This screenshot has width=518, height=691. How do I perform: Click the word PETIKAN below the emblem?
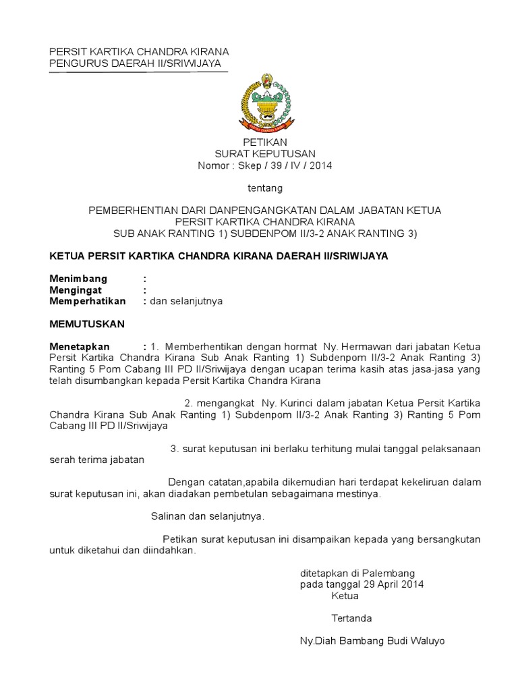pos(265,142)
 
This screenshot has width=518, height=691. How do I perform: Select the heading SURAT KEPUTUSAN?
pos(265,154)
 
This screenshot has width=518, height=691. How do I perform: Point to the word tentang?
pos(265,188)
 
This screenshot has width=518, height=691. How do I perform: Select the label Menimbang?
pos(78,279)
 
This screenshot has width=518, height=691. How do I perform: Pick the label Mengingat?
pos(76,290)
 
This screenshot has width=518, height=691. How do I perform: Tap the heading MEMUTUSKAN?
pos(88,324)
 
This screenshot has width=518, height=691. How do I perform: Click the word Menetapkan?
pos(80,347)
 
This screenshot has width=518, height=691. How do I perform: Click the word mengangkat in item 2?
pos(212,403)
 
